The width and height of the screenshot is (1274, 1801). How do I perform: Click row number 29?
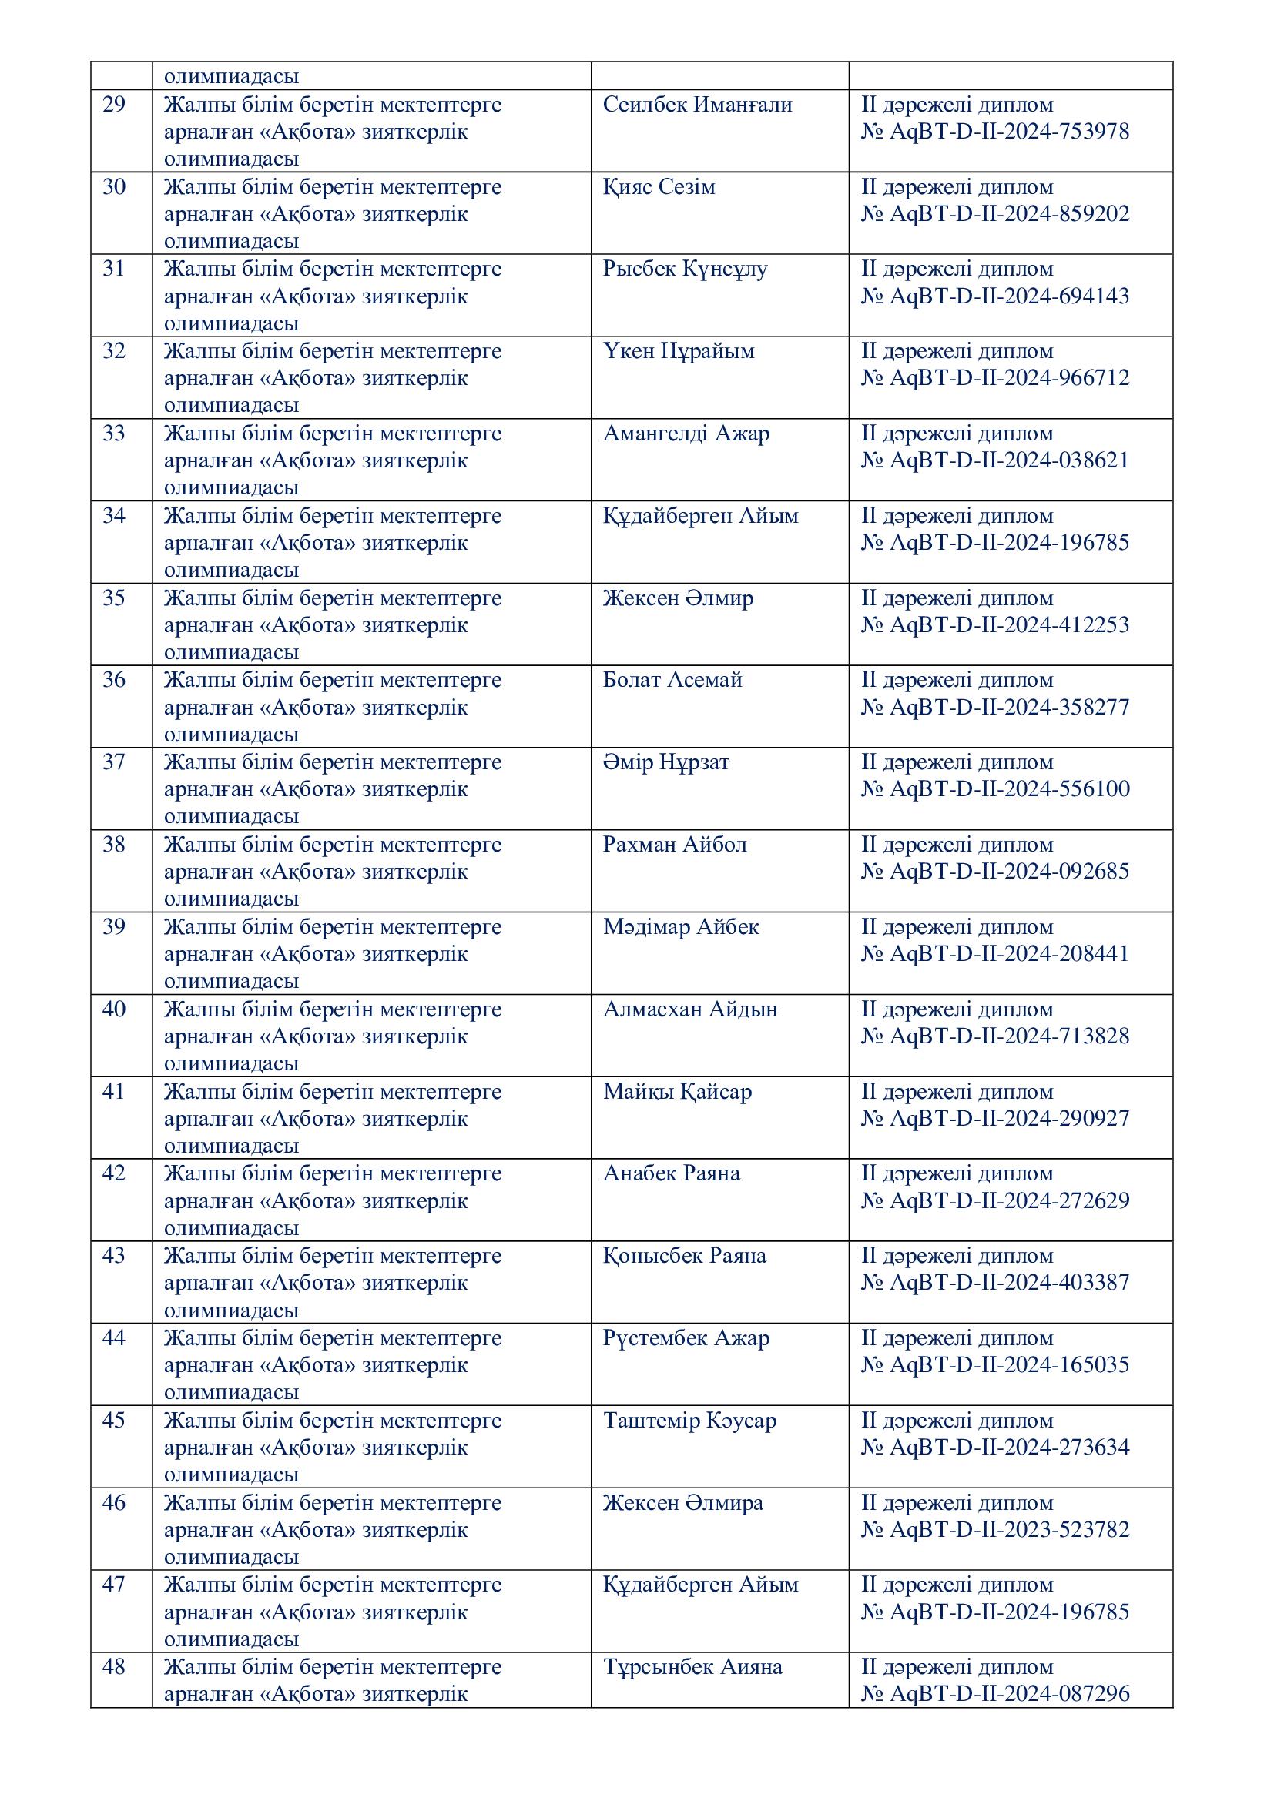tap(114, 104)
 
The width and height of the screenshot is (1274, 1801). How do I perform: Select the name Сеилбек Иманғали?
tap(696, 104)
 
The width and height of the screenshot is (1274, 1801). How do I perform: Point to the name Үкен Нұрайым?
tap(678, 350)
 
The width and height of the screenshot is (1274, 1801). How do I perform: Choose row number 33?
tap(114, 433)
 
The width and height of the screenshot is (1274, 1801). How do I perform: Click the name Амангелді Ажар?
tap(686, 433)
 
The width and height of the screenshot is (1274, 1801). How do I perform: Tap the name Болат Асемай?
tap(672, 679)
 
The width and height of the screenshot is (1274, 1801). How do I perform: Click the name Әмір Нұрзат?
tap(665, 762)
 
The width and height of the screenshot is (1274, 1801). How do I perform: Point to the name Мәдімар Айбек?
tap(680, 926)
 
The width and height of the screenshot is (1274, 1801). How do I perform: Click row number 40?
tap(114, 1009)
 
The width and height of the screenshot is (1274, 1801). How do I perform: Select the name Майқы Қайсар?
tap(676, 1091)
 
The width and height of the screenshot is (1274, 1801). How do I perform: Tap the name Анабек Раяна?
tap(671, 1173)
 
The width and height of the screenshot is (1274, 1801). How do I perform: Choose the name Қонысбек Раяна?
tap(683, 1255)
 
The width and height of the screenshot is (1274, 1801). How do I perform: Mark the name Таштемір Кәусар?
tap(689, 1420)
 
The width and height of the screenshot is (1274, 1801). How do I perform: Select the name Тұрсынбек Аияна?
tap(692, 1666)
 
